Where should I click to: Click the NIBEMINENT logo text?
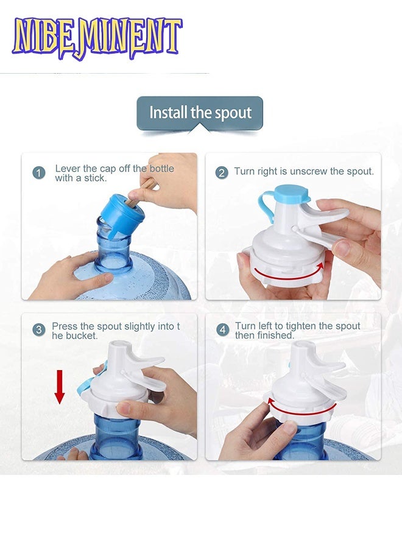pyautogui.click(x=97, y=38)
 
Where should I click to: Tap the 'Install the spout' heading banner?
pyautogui.click(x=200, y=113)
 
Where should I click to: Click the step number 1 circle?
pyautogui.click(x=39, y=173)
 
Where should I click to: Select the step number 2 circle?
pyautogui.click(x=222, y=173)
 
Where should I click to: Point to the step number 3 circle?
pyautogui.click(x=39, y=330)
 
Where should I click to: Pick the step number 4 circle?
pyautogui.click(x=223, y=330)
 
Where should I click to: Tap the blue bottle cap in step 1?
pyautogui.click(x=122, y=216)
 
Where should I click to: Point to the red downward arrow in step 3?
pyautogui.click(x=60, y=387)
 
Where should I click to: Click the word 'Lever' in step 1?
pyautogui.click(x=67, y=169)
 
